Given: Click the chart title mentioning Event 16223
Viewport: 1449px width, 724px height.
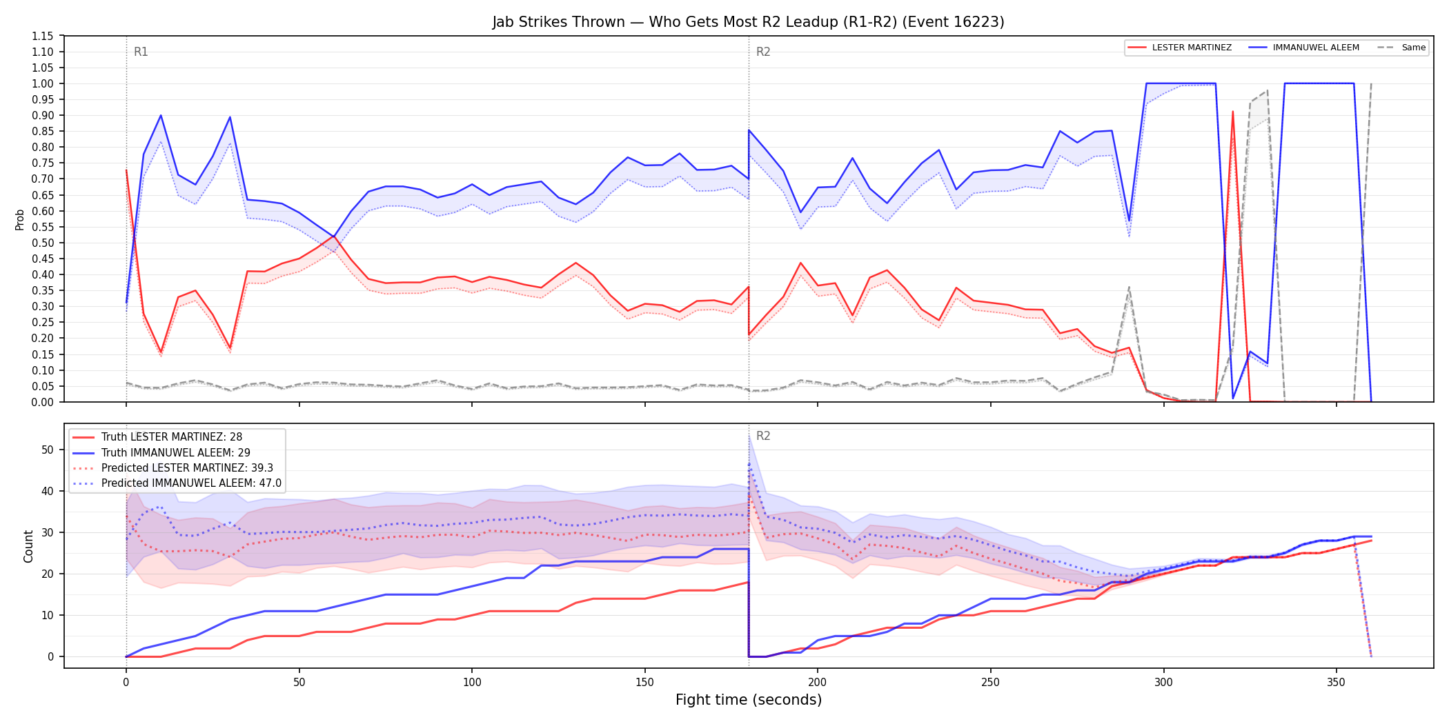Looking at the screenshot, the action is pos(748,22).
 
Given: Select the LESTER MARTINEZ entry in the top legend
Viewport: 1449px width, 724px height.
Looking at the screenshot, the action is pos(1180,48).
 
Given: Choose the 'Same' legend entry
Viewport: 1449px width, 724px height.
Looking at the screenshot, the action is pos(1401,48).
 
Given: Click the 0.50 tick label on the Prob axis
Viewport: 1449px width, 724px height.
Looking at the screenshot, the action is pos(43,243).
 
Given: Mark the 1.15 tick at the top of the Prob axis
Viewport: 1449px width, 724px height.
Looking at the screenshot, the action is pos(43,36).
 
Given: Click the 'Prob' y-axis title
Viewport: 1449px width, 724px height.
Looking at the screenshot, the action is pos(20,219).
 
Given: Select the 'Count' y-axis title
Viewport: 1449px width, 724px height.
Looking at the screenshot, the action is pos(28,546).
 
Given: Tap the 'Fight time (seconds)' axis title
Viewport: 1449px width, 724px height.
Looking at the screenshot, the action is pos(749,700).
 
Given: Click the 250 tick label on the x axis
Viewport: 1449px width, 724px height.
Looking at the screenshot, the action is pos(990,683).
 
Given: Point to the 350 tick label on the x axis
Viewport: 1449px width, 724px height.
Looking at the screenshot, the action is pos(1336,683).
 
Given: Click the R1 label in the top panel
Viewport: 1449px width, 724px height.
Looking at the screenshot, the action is pos(141,52).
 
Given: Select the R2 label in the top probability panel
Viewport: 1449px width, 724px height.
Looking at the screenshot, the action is pos(763,52).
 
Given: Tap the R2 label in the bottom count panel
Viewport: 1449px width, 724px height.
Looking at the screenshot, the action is pos(763,436).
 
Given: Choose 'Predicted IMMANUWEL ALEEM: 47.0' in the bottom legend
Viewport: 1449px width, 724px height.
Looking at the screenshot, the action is pos(177,483).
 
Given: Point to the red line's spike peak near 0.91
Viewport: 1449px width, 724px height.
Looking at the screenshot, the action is pos(1232,111).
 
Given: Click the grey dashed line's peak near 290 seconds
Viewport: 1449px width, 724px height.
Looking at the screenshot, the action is pos(1129,287).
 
